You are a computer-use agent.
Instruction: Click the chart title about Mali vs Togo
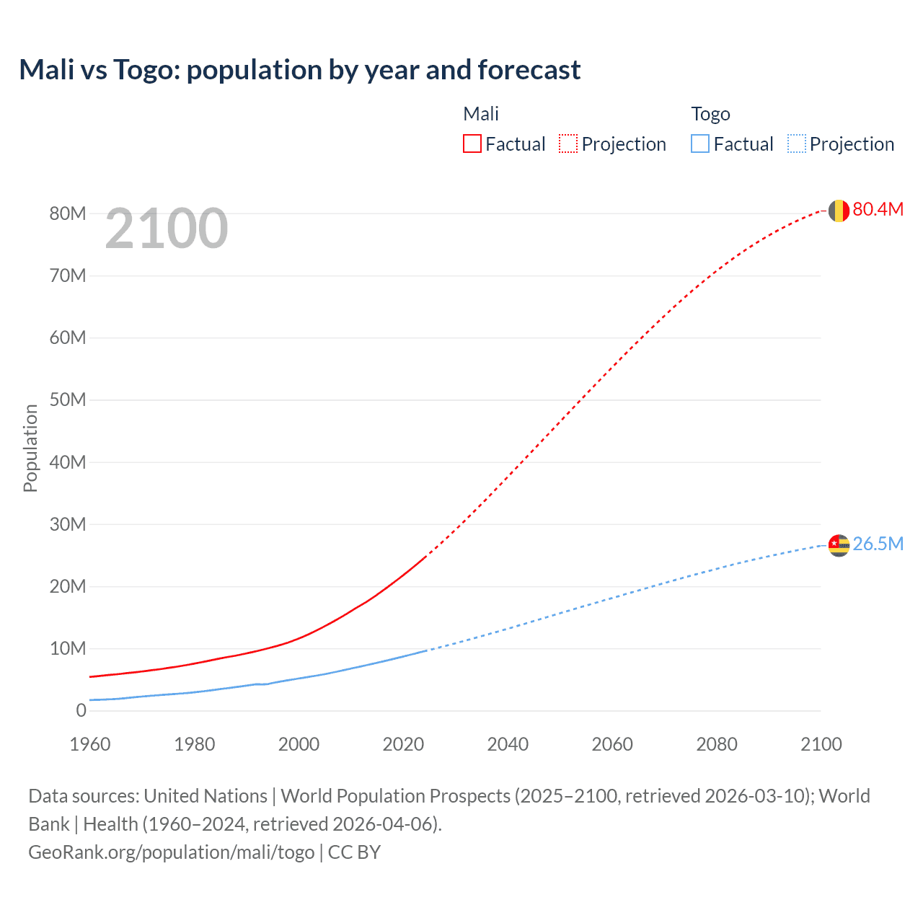(x=299, y=70)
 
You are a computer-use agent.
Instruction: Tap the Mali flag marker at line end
(x=839, y=211)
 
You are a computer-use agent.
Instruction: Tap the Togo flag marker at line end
(x=839, y=545)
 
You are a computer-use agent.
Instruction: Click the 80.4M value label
(x=878, y=209)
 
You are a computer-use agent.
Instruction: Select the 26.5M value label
(x=878, y=544)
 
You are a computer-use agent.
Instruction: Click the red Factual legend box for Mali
(x=472, y=143)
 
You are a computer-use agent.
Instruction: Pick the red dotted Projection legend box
(x=568, y=143)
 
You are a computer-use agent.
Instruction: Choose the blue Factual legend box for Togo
(x=700, y=143)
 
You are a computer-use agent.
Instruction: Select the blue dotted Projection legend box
(x=797, y=143)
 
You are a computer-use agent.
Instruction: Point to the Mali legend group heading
(x=481, y=114)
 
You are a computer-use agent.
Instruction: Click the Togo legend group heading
(x=710, y=114)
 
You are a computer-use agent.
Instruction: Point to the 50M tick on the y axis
(x=68, y=400)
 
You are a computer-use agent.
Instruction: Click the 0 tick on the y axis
(x=81, y=711)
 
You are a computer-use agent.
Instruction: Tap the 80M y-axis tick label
(x=68, y=213)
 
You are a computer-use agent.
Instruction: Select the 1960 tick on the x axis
(x=90, y=744)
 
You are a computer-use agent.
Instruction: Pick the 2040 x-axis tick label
(x=508, y=744)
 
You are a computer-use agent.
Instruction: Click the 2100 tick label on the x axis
(x=821, y=744)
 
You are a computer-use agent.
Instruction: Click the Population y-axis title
(x=30, y=448)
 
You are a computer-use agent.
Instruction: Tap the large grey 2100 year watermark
(x=167, y=229)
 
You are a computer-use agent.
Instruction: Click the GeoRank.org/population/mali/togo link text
(x=172, y=852)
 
